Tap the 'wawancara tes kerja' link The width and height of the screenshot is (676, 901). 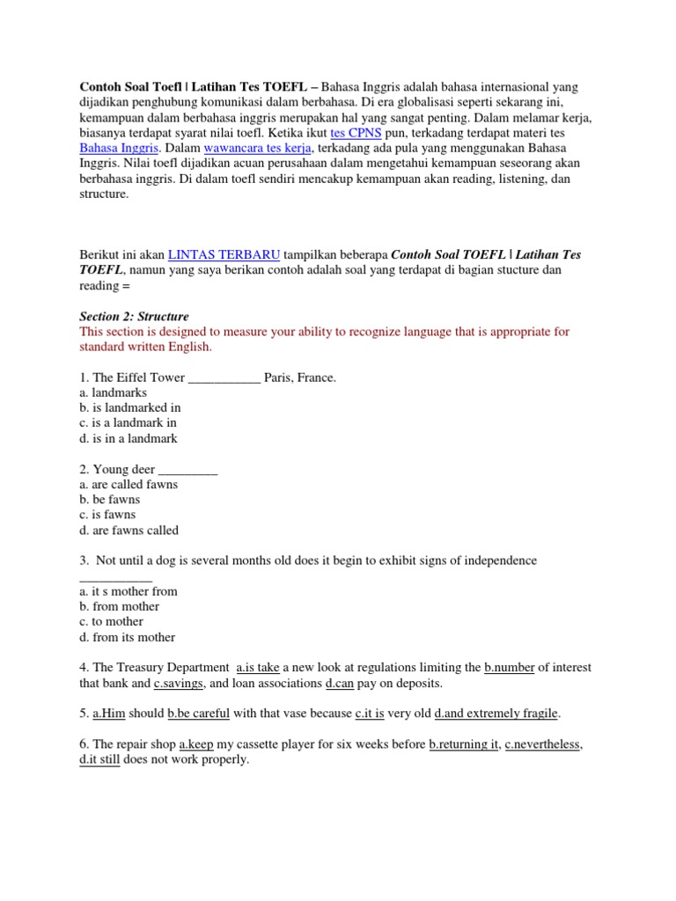270,148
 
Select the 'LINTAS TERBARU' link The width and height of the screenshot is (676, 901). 224,254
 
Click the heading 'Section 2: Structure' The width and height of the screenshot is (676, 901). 134,316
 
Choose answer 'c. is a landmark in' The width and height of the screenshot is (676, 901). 128,423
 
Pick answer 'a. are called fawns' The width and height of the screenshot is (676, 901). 128,484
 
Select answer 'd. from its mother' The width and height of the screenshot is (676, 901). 127,637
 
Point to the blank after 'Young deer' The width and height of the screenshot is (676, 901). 187,470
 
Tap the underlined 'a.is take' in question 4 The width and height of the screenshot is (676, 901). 258,668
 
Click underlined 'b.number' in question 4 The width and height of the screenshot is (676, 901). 510,668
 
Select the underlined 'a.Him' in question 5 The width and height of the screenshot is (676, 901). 108,714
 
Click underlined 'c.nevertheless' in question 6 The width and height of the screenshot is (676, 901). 542,744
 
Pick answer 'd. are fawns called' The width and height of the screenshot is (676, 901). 129,531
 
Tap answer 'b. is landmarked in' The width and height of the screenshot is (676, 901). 129,408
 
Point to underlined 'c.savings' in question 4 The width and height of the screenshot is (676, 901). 179,683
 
